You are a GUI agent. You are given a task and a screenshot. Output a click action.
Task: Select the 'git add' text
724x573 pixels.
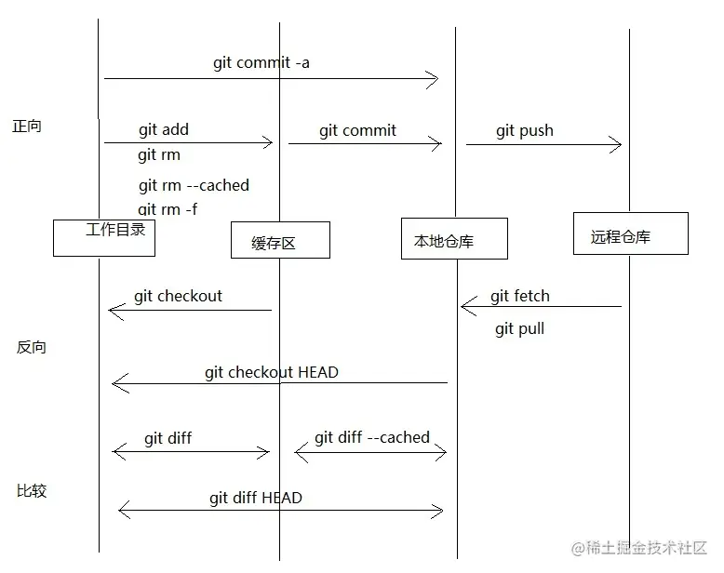click(164, 130)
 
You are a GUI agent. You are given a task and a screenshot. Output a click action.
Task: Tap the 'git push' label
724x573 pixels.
click(524, 131)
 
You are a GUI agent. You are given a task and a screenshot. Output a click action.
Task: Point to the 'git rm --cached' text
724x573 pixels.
click(194, 185)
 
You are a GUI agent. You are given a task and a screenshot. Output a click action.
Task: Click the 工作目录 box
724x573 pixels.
click(103, 238)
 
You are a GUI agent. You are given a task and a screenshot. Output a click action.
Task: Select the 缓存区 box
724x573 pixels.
click(280, 240)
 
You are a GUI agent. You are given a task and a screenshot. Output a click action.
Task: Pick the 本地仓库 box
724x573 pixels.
click(454, 238)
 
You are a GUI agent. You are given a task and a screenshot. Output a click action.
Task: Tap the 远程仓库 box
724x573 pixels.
click(630, 233)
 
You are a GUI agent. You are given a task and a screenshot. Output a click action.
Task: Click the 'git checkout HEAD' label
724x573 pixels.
click(272, 372)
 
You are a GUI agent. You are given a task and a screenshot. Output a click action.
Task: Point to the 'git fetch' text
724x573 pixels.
click(520, 297)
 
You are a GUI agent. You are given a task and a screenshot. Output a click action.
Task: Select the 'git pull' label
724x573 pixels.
click(519, 328)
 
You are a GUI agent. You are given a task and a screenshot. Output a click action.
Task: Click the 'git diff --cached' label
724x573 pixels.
click(372, 437)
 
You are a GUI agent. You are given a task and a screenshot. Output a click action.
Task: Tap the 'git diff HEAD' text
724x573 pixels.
click(256, 498)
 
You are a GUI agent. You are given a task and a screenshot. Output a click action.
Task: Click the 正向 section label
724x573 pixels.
click(27, 127)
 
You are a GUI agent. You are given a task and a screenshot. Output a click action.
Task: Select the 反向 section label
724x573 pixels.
click(32, 348)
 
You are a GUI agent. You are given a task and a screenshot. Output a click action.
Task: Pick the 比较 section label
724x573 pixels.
click(32, 491)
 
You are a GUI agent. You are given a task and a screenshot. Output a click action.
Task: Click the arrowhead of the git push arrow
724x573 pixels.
click(616, 144)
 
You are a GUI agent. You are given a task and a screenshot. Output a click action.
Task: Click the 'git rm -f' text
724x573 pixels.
click(168, 209)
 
